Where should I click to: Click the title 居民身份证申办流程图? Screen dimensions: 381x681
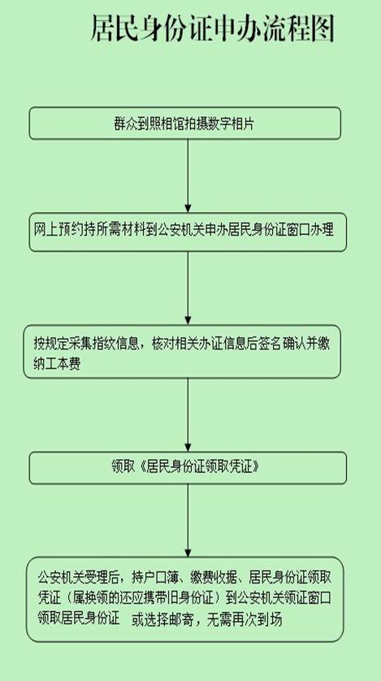click(213, 28)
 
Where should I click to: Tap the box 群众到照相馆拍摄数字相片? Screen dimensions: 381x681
click(185, 124)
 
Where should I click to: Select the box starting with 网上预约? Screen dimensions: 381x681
click(188, 232)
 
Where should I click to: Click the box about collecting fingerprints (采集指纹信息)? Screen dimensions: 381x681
click(182, 351)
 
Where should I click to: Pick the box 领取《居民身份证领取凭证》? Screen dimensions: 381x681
click(188, 468)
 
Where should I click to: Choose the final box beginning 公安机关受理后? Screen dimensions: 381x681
click(185, 600)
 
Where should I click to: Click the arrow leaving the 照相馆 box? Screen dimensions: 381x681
click(188, 176)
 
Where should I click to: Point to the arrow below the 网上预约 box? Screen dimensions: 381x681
click(188, 288)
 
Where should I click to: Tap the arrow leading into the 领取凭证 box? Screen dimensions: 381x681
click(188, 414)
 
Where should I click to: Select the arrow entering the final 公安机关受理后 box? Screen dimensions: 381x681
click(188, 520)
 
